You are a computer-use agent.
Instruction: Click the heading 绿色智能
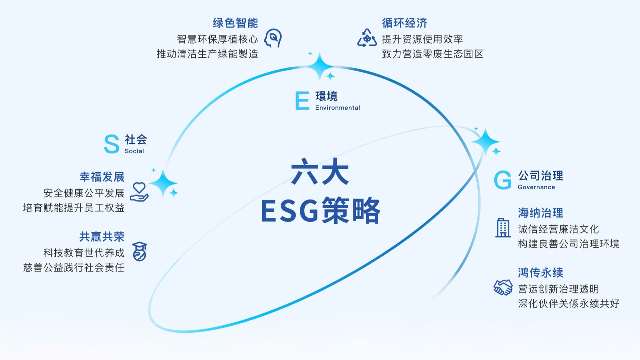click(235, 23)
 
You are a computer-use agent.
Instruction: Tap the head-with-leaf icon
click(273, 38)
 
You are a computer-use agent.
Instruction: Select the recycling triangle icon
click(367, 38)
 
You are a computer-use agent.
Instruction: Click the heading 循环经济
click(405, 23)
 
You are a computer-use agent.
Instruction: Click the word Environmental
click(337, 107)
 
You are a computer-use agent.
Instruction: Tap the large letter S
click(111, 144)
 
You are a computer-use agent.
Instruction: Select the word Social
click(134, 151)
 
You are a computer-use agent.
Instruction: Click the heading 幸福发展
click(102, 177)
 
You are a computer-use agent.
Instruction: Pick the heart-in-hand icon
click(139, 192)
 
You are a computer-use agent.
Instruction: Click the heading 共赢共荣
click(102, 237)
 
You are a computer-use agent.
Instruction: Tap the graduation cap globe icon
click(140, 252)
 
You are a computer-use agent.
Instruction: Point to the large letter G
click(503, 180)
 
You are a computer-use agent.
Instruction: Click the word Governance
click(536, 187)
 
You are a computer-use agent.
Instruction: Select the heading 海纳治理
click(540, 213)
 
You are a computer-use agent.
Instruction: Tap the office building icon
click(503, 228)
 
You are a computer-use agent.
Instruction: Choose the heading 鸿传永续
click(540, 273)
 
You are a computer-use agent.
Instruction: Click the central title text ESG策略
click(321, 210)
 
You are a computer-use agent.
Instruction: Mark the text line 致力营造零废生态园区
click(433, 54)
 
